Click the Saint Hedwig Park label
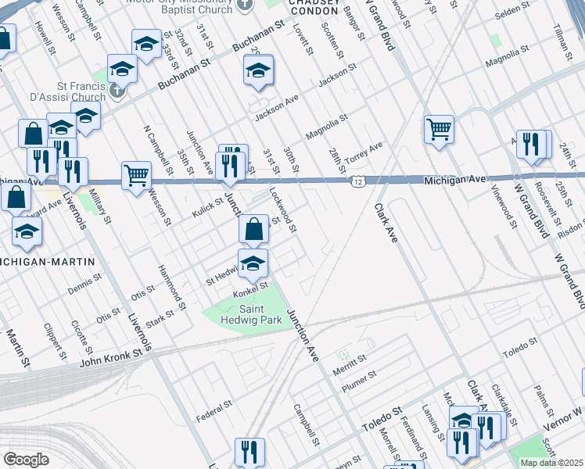click(x=243, y=313)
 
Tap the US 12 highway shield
click(x=357, y=181)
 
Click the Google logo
click(x=26, y=460)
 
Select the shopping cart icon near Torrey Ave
click(x=439, y=129)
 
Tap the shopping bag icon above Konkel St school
click(x=253, y=230)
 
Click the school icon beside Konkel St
click(x=253, y=265)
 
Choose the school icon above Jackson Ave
click(x=257, y=70)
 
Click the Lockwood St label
click(x=282, y=208)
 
